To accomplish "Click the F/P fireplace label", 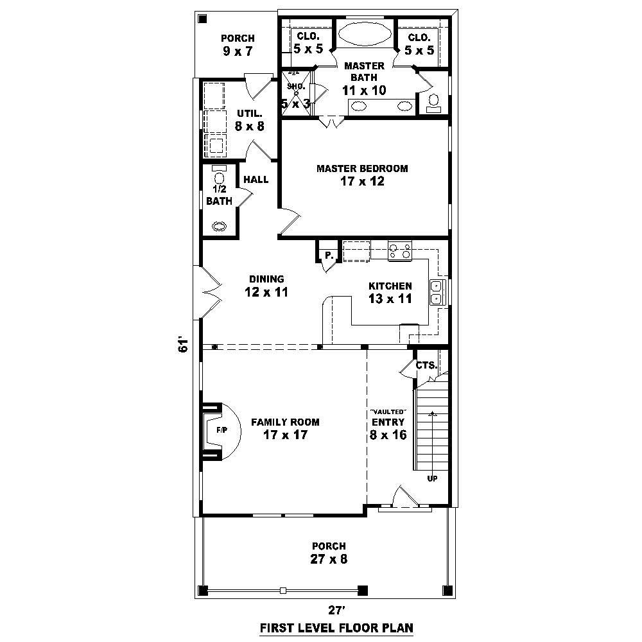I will click(x=220, y=429).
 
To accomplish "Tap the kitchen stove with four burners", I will click(x=399, y=250).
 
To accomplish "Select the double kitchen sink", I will click(x=437, y=291).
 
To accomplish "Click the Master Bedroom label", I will click(x=362, y=168).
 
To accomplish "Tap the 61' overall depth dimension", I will click(x=184, y=344).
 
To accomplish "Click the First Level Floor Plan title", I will click(x=336, y=627).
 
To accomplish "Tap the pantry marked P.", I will click(x=328, y=255).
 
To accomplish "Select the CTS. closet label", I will click(x=426, y=365).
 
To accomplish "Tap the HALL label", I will click(x=256, y=180).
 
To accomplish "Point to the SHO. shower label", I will click(x=295, y=85).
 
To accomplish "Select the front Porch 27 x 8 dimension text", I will click(x=329, y=559).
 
